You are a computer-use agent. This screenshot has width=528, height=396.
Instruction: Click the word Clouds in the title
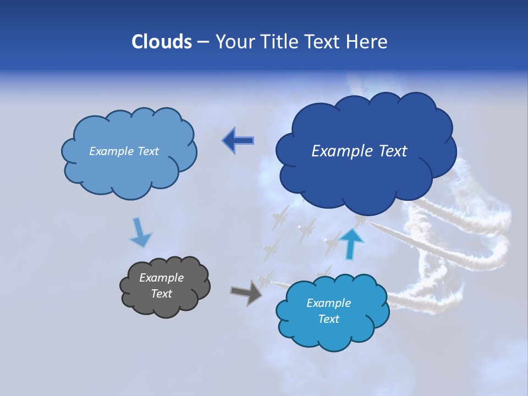pyautogui.click(x=162, y=42)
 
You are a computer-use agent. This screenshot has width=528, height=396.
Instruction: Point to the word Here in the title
pyautogui.click(x=367, y=42)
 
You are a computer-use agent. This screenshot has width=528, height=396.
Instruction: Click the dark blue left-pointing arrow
pyautogui.click(x=238, y=141)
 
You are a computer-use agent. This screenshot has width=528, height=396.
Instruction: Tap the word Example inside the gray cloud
pyautogui.click(x=161, y=278)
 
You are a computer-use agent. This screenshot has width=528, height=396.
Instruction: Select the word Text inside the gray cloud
pyautogui.click(x=161, y=294)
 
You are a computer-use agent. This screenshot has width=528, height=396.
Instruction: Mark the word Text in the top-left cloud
pyautogui.click(x=148, y=151)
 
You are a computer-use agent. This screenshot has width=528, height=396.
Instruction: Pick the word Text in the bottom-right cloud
pyautogui.click(x=328, y=319)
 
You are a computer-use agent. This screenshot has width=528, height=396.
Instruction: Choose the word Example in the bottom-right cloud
pyautogui.click(x=328, y=303)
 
